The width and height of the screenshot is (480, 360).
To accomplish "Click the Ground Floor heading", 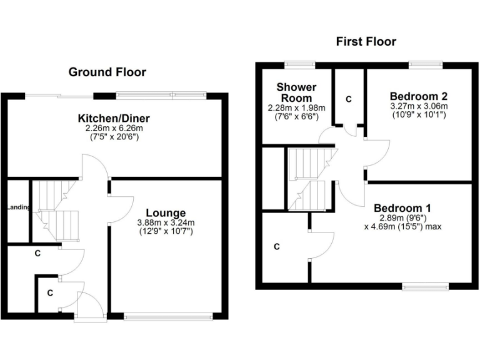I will (x=107, y=72).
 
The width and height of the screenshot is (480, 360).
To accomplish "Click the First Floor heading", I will (x=366, y=42).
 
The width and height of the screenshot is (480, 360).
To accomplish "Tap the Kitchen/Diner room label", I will (x=114, y=119).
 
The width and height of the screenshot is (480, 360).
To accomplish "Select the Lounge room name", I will (x=165, y=213).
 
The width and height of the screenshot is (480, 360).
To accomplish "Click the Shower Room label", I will (x=297, y=92).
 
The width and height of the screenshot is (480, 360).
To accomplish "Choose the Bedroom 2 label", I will (x=419, y=96).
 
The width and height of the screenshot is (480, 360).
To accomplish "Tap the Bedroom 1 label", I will (x=402, y=208).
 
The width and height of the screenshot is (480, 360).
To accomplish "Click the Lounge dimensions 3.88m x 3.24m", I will (x=166, y=222).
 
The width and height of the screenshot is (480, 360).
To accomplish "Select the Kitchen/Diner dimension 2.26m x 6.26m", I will (x=114, y=128).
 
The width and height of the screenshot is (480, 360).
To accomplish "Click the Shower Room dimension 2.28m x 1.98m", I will (x=297, y=107).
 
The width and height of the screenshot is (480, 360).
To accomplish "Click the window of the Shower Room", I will (x=300, y=64).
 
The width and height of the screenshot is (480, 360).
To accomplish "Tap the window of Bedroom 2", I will (x=426, y=64).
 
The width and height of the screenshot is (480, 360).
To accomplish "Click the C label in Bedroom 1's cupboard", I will (x=276, y=247).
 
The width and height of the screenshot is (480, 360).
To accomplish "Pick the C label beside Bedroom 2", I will (x=349, y=99).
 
